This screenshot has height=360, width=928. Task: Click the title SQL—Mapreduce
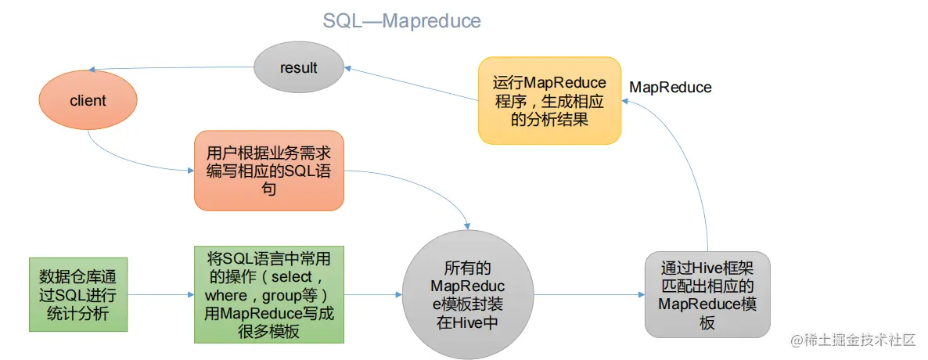[402, 20]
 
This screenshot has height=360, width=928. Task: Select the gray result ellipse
[298, 68]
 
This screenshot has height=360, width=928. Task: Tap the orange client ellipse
[88, 101]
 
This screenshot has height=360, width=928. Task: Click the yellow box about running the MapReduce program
[550, 100]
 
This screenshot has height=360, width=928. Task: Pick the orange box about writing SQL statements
[268, 171]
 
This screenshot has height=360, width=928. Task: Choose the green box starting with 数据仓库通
[78, 294]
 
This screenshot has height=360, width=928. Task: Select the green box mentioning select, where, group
[268, 294]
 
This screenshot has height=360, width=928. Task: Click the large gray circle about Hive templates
[468, 294]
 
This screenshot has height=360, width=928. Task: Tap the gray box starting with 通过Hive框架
[707, 293]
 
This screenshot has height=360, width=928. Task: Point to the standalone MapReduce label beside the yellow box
[670, 88]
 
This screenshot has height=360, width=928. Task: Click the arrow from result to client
[174, 67]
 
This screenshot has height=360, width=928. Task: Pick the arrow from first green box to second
[161, 294]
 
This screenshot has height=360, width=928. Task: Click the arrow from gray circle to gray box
[590, 294]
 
